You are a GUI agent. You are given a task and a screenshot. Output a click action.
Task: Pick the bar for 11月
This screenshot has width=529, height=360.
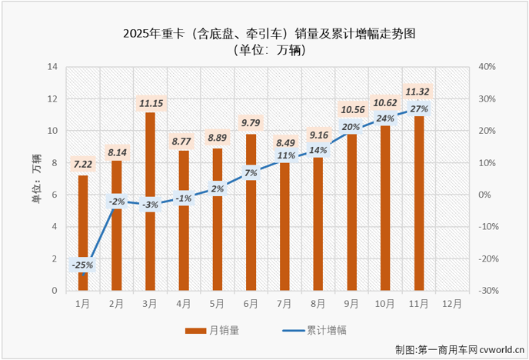click(418, 208)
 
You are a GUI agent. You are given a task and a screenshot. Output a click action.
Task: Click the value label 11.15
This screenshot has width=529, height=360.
click(151, 102)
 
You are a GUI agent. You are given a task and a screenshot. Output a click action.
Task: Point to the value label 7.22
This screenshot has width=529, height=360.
click(83, 165)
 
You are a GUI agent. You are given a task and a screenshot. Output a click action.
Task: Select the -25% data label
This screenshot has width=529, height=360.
click(83, 265)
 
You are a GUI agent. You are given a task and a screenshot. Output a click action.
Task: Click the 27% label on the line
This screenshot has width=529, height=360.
click(419, 109)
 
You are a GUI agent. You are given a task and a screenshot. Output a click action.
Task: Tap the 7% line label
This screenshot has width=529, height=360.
click(251, 173)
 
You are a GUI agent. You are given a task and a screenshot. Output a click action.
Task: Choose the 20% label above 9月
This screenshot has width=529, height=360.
click(351, 128)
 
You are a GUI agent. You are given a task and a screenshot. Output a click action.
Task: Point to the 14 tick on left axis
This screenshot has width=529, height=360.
click(53, 67)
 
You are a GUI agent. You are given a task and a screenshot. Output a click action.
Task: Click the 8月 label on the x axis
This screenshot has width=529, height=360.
click(318, 303)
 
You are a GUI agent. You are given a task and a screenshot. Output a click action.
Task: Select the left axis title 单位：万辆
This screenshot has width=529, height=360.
click(35, 178)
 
